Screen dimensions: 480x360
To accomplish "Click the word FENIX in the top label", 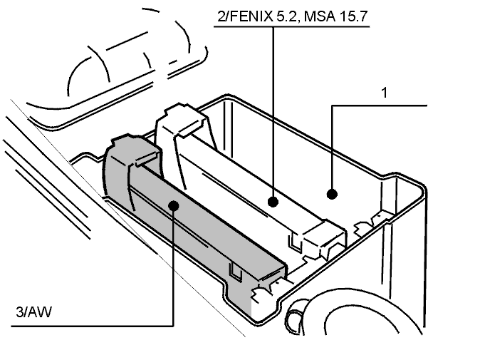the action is coord(251,16).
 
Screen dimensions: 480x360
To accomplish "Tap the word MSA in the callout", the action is coord(318,16).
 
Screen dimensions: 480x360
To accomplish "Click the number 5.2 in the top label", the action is coord(287,16).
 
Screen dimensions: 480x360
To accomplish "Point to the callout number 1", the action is coord(385,93).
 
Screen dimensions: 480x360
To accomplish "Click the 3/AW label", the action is coord(33,312).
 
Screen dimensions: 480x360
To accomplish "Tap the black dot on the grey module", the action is coord(174,205).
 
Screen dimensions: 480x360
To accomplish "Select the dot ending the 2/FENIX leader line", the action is coord(273,202).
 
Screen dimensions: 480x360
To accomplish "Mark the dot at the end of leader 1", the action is coord(332,194).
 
